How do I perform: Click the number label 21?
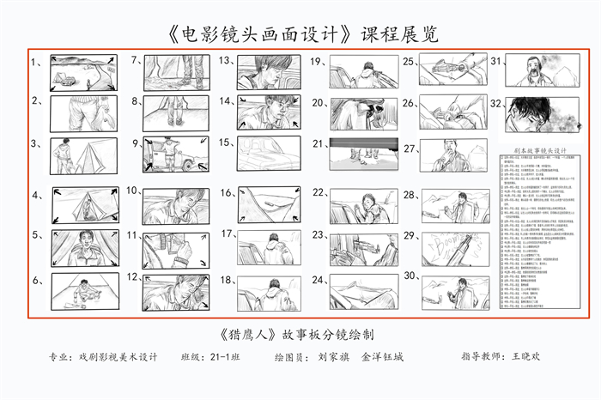click(318, 143)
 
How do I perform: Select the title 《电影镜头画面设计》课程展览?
click(300, 34)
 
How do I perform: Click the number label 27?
click(410, 144)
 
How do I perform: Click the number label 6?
click(37, 281)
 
